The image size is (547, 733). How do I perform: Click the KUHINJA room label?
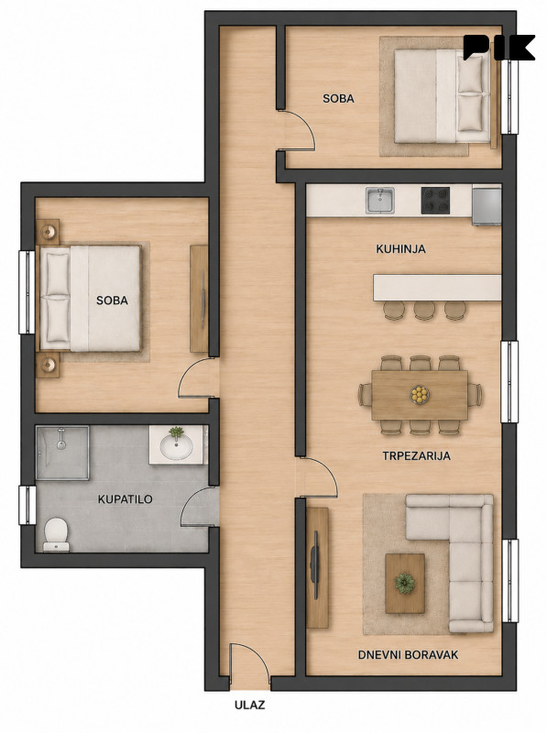[400, 249]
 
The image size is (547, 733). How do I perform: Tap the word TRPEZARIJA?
[417, 455]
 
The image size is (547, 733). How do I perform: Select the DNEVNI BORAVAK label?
[408, 655]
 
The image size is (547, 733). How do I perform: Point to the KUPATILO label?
[126, 499]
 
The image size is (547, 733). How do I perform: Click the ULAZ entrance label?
[249, 705]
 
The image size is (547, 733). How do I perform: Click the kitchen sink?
[380, 201]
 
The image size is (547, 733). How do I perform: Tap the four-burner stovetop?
[435, 201]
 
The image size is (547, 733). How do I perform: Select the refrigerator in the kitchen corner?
[487, 205]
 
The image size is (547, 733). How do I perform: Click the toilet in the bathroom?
[56, 535]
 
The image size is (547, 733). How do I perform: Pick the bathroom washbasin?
[176, 447]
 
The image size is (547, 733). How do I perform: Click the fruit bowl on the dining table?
[420, 394]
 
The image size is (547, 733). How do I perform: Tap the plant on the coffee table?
[404, 583]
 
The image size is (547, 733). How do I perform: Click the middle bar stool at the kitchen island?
[424, 310]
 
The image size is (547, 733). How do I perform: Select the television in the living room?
[314, 564]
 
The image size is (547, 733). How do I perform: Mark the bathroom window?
[27, 505]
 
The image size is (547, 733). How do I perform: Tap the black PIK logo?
[498, 48]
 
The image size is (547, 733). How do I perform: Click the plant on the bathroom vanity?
[176, 432]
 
